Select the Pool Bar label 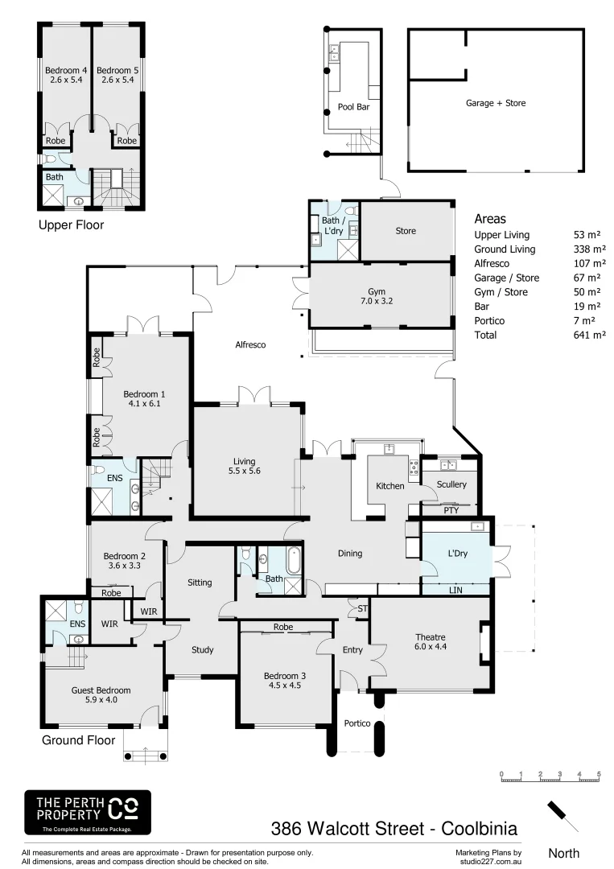click(353, 106)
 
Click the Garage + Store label click(496, 103)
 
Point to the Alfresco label click(249, 344)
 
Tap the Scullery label click(451, 484)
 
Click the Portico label click(357, 723)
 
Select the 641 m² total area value click(589, 335)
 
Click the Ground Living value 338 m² click(589, 249)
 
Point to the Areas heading click(490, 219)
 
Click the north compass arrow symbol click(563, 817)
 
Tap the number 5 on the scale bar click(599, 774)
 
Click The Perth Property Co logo click(86, 812)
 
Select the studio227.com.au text click(488, 861)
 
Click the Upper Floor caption click(71, 225)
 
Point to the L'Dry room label click(457, 554)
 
